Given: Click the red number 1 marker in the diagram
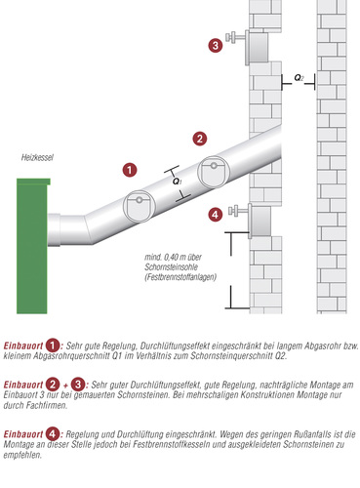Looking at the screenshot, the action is tap(130, 170).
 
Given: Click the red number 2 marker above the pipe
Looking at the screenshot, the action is tap(200, 139).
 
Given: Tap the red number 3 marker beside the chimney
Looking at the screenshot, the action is tap(216, 45).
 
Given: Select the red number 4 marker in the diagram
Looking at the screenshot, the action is tap(216, 215).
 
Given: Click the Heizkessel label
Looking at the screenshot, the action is tap(37, 158).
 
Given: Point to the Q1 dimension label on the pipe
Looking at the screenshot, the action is tap(178, 182).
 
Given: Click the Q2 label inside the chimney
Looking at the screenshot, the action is tap(299, 78).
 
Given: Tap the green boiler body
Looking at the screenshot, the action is tap(32, 246).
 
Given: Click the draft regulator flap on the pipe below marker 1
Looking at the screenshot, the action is tap(139, 206).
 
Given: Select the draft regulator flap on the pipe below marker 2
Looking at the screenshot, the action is tap(214, 172).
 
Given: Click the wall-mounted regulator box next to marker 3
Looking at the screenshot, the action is tap(257, 48).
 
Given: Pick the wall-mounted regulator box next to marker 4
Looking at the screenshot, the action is tap(260, 222).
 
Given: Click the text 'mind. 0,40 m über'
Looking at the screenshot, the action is tap(173, 258).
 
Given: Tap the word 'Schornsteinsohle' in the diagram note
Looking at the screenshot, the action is tap(171, 267).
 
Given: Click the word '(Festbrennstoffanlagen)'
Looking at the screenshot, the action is tap(180, 277).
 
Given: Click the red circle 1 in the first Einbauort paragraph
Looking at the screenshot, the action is tap(53, 346).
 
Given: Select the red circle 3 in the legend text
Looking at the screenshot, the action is tap(78, 385).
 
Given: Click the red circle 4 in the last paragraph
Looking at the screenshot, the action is tap(53, 434).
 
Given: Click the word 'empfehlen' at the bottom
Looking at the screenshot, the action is tap(22, 455).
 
